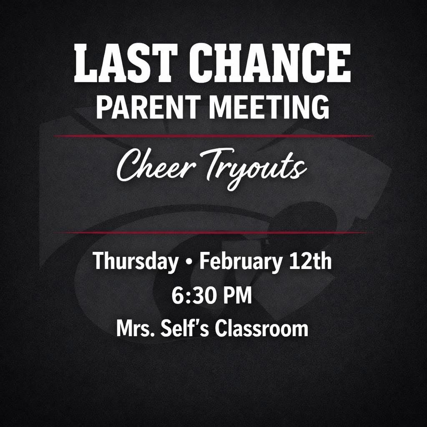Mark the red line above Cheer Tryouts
coord(213,136)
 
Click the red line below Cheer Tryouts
coord(213,232)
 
